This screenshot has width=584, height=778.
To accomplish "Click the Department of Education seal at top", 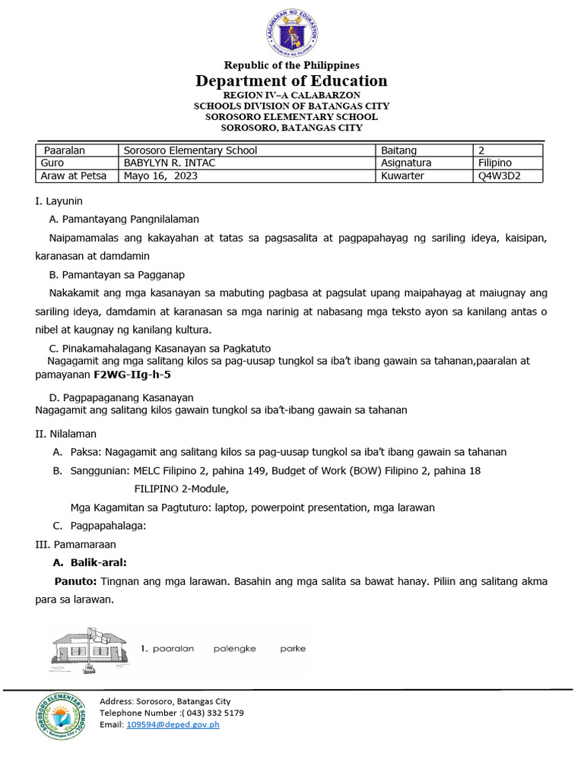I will click(x=291, y=32).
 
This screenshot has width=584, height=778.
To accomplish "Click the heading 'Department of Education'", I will click(x=291, y=81).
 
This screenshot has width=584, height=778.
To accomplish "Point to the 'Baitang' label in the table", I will click(x=398, y=150).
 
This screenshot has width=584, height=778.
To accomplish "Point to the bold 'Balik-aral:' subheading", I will click(x=98, y=563).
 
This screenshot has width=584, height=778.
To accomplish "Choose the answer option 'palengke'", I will click(x=234, y=649).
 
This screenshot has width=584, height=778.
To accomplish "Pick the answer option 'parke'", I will click(x=293, y=649).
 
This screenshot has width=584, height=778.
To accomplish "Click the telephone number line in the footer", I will click(x=172, y=713).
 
